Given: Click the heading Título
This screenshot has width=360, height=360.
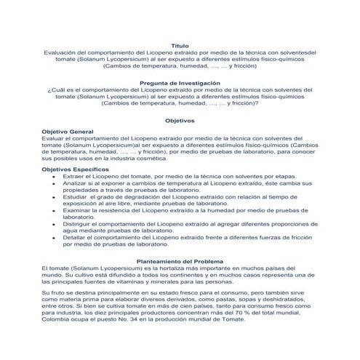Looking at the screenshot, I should pyautogui.click(x=180, y=45).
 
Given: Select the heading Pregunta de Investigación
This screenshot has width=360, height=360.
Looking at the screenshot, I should pyautogui.click(x=180, y=83).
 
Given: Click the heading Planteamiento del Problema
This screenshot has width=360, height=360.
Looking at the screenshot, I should pyautogui.click(x=180, y=262).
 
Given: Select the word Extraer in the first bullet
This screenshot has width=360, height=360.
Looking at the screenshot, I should pyautogui.click(x=75, y=177).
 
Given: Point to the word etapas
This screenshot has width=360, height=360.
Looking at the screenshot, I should pyautogui.click(x=284, y=177).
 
